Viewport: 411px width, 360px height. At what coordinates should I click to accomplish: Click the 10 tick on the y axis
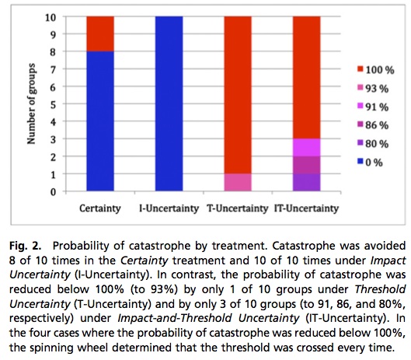pyautogui.click(x=51, y=16)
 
